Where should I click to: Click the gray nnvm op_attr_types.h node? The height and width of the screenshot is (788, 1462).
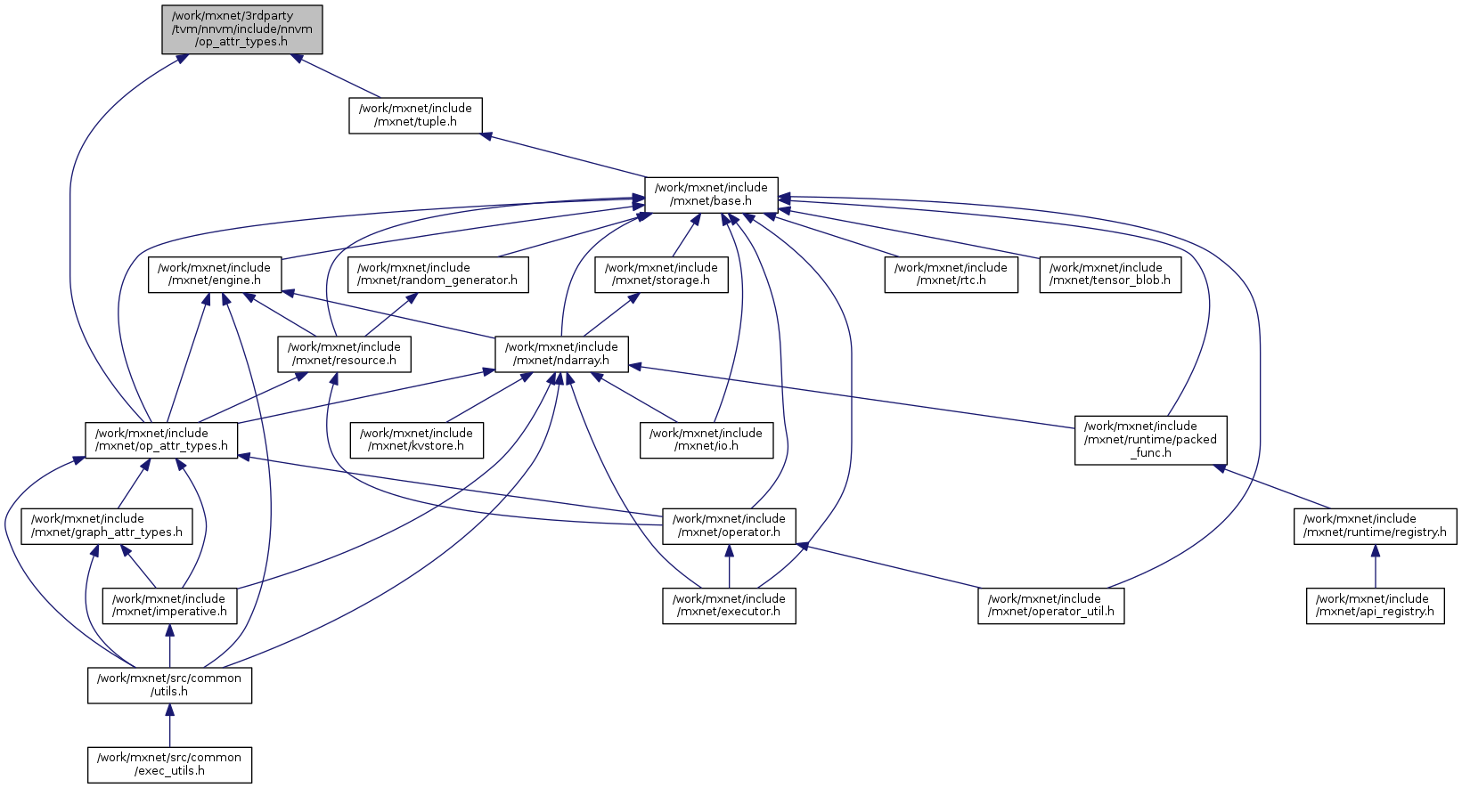click(241, 29)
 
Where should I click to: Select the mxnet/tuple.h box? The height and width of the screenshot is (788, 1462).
click(415, 115)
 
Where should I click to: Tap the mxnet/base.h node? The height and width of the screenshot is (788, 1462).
click(711, 194)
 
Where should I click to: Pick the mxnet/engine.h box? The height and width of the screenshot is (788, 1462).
click(214, 274)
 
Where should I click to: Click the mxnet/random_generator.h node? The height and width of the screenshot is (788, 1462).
click(437, 274)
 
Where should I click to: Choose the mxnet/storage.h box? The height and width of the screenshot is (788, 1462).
click(661, 274)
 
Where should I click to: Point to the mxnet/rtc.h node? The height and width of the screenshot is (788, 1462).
click(951, 274)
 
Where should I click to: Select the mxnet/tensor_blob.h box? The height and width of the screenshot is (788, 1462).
click(1110, 274)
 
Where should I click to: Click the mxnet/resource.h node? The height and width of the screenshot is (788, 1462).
click(344, 353)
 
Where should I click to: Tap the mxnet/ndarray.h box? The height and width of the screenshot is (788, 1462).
click(561, 353)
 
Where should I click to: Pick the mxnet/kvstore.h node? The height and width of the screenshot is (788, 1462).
click(416, 440)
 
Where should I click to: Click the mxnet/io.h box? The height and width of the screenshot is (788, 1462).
click(706, 440)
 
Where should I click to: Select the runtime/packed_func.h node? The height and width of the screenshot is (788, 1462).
click(1150, 440)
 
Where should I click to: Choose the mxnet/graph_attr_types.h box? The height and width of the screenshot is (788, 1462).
click(107, 525)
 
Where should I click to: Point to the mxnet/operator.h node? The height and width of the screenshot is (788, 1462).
click(729, 525)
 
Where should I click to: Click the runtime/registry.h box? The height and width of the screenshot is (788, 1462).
click(1375, 525)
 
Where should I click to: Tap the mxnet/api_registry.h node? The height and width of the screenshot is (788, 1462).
click(1375, 605)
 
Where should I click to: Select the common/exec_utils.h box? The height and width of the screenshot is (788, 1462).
click(169, 764)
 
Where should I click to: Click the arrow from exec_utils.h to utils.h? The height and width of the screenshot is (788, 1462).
click(169, 726)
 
